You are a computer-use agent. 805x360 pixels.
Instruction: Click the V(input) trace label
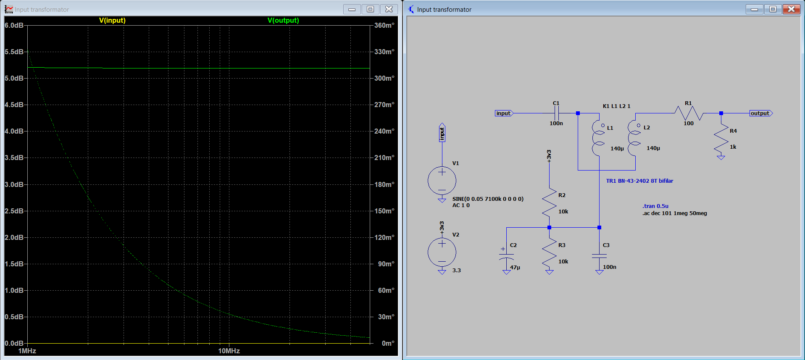point(112,20)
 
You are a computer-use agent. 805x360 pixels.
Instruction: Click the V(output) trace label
point(283,20)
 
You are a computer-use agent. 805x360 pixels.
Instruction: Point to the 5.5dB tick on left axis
point(14,52)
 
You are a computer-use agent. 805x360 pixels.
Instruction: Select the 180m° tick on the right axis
point(384,184)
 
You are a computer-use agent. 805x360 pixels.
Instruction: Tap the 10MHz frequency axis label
point(229,351)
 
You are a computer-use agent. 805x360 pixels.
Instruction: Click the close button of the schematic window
point(791,9)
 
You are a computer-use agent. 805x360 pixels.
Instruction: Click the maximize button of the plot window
point(370,9)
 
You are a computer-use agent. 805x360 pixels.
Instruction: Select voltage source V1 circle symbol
point(442,181)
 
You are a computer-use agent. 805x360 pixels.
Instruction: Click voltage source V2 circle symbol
point(442,252)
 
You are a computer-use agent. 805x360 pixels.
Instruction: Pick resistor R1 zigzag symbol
point(689,113)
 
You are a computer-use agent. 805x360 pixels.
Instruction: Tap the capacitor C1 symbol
point(556,113)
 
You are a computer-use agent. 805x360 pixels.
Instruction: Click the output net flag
point(761,113)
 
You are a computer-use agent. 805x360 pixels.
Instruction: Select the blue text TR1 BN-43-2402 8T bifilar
point(639,181)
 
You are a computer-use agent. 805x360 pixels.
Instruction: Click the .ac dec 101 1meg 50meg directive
point(674,213)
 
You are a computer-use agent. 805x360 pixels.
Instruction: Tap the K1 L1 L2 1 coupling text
point(616,106)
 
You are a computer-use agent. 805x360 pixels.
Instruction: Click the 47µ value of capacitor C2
point(515,267)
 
